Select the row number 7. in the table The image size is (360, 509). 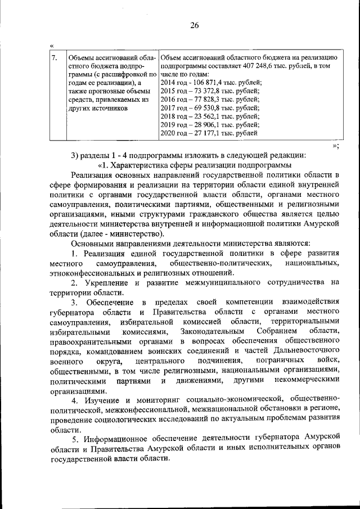tap(54, 57)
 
